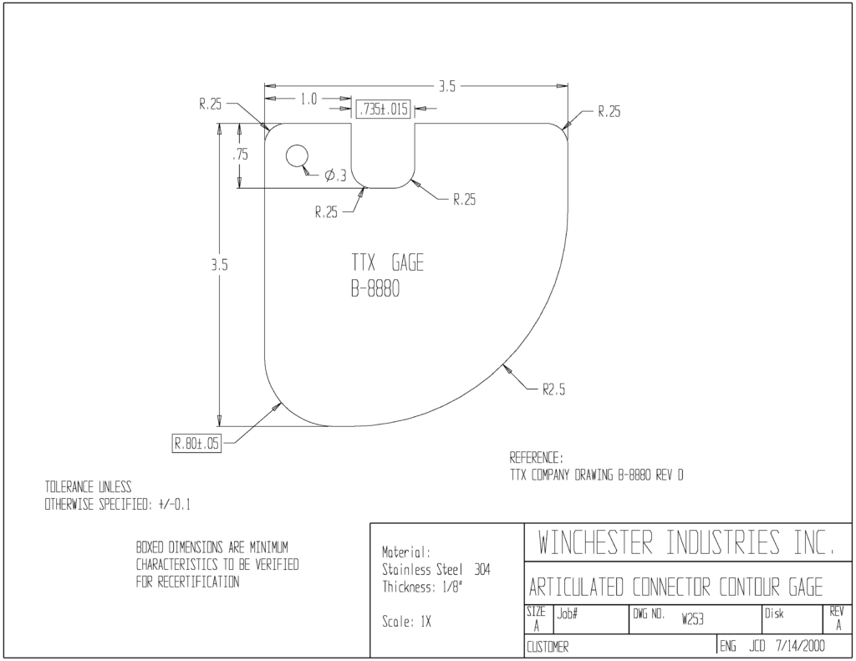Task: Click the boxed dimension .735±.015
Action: [383, 109]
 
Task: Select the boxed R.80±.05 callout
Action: [196, 443]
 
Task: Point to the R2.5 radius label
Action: [553, 389]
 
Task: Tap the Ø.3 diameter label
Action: [335, 175]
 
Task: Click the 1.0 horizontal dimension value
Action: [308, 99]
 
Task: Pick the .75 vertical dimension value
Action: [240, 155]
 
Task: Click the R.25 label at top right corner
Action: [609, 112]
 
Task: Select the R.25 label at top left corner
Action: [210, 104]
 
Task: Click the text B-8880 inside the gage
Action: [375, 289]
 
